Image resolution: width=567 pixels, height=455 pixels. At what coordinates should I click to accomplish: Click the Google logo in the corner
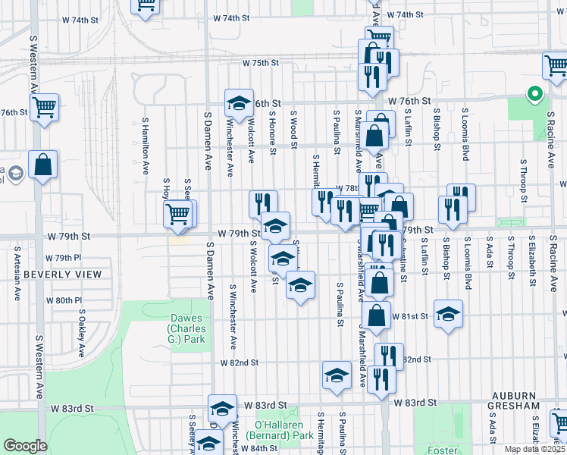tap(25, 445)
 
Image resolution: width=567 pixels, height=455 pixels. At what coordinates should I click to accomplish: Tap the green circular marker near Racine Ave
tap(534, 95)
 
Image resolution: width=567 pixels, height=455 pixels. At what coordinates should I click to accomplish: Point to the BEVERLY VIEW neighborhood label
tap(62, 274)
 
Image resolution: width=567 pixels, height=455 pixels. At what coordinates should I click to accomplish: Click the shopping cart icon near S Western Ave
tap(45, 108)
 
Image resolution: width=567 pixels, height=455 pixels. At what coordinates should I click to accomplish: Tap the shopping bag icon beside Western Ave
tap(42, 165)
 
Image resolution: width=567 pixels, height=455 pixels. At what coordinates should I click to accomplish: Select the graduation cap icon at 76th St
tap(238, 103)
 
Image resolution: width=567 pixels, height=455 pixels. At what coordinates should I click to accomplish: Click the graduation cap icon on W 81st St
tap(448, 315)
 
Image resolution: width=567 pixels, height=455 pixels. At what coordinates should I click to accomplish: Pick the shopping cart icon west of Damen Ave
tap(179, 214)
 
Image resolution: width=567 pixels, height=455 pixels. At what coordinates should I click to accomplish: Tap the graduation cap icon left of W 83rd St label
tap(222, 408)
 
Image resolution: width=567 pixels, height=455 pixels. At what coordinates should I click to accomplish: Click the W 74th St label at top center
tap(231, 17)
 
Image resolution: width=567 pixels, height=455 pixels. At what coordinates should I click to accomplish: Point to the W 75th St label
tap(261, 64)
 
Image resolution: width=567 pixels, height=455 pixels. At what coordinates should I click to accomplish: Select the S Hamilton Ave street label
tap(145, 146)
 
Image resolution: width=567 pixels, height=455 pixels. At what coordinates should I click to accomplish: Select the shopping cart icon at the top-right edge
tap(556, 69)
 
